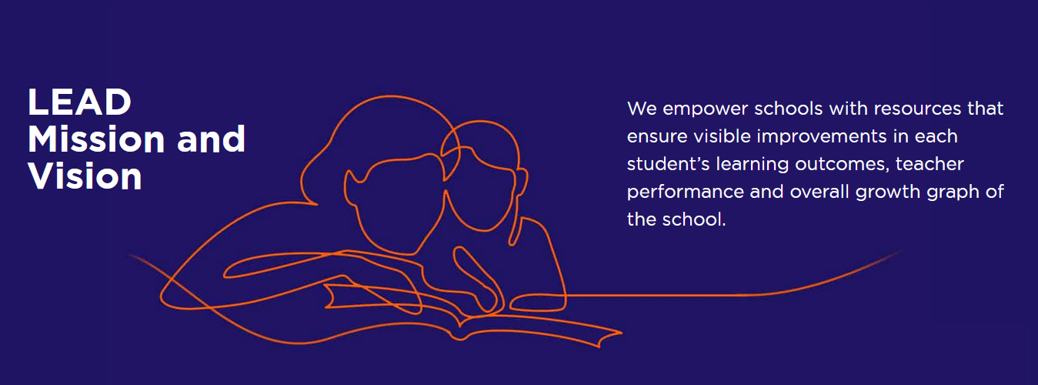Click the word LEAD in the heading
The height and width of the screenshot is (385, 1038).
click(x=80, y=102)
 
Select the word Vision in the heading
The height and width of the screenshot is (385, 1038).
click(x=85, y=176)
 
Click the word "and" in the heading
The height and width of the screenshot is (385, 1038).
click(x=211, y=139)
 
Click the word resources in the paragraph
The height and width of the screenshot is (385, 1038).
click(x=917, y=109)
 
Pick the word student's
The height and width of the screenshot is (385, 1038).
click(x=668, y=164)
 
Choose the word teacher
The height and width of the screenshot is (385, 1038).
click(x=930, y=164)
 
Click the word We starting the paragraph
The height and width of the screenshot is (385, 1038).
click(x=642, y=109)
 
